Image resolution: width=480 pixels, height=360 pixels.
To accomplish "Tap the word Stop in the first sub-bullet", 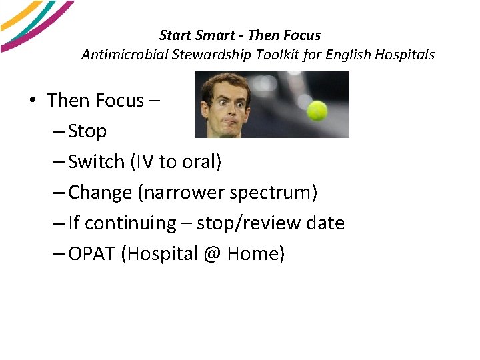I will pyautogui.click(x=87, y=131).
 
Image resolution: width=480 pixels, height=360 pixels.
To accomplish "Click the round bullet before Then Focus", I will pyautogui.click(x=32, y=101).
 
